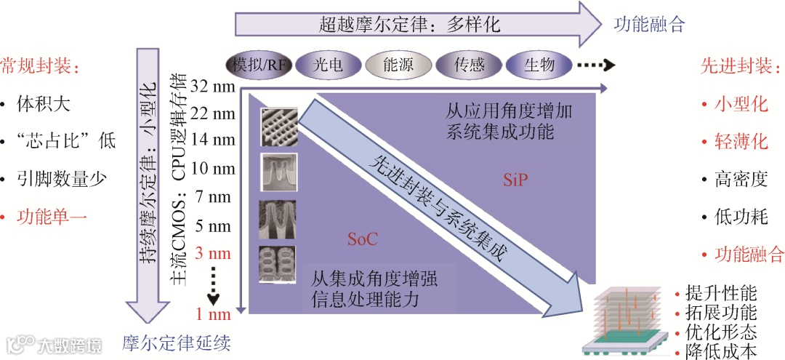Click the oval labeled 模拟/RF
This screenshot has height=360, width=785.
pos(258,65)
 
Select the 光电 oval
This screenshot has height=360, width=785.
pos(328,65)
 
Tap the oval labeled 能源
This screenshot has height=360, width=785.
pos(398,65)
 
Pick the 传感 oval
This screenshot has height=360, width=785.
pos(468,65)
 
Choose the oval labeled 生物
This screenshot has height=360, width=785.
pos(539,65)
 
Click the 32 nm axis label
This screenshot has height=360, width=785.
pos(212,87)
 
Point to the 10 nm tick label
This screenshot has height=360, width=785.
pos(212,169)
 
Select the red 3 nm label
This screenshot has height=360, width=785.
pos(212,254)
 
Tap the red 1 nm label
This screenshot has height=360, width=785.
pos(212,314)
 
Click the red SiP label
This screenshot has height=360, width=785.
pos(515,180)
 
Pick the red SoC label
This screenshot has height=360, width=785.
pos(362,238)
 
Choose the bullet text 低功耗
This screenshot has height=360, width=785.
pos(741,217)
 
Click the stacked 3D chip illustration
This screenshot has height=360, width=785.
pos(627,320)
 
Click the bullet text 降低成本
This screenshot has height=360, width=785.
pos(720,351)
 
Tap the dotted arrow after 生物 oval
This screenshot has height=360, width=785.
pos(595,65)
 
